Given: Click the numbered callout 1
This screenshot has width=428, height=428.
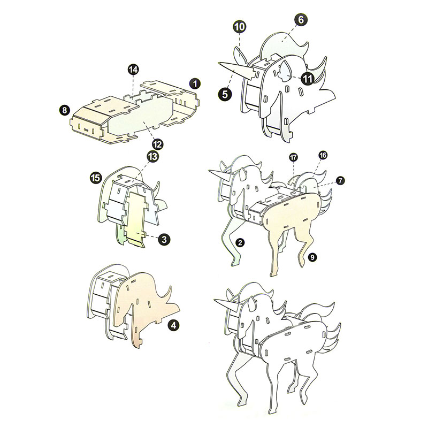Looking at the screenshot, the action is tap(195, 84).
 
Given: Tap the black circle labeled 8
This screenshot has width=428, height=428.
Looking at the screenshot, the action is tap(64, 110).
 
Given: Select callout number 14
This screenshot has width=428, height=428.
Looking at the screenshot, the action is tap(133, 70).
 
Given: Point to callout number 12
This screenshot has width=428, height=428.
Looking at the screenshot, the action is tap(158, 144).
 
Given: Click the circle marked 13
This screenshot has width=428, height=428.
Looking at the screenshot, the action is tap(152, 157).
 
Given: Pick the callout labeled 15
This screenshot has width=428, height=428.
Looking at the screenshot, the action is tap(96, 178).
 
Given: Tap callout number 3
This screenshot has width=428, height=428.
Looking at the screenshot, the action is tap(164, 239).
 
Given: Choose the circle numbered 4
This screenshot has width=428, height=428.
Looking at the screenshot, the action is tap(173, 325).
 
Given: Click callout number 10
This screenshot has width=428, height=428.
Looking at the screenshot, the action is tap(239, 27).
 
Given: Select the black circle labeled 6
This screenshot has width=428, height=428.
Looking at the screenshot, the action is tap(301, 20).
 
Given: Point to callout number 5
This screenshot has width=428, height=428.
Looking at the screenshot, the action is tap(225, 94).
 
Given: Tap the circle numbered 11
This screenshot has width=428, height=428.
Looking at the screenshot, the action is tap(308, 78).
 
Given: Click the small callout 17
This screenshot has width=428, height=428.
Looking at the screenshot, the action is tap(294, 157).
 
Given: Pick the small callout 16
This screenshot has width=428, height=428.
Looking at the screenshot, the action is tap(323, 155).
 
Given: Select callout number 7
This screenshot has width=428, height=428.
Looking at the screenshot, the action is tap(340, 180).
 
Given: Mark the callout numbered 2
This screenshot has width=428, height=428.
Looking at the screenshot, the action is tap(240, 242).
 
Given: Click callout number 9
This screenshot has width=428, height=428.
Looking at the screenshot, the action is tap(312, 257).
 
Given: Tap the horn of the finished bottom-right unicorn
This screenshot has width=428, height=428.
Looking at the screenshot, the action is tap(226, 304).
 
